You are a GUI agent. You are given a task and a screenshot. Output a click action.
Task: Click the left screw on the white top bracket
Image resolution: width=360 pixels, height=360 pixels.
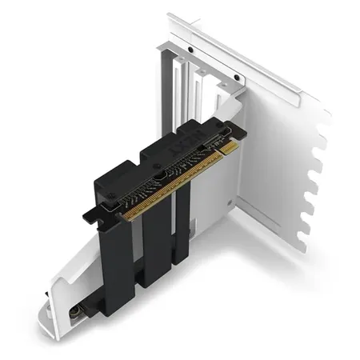191,49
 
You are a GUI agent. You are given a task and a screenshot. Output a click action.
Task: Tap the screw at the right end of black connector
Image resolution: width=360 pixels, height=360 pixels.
238,127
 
